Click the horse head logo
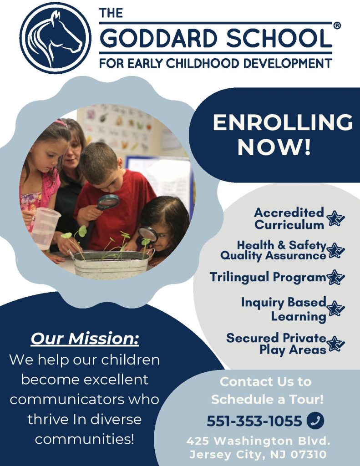click(55, 38)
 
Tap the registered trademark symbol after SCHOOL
click(337, 26)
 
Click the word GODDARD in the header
click(160, 38)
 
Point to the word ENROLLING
click(283, 122)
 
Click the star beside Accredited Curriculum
click(335, 218)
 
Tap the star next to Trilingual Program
click(335, 277)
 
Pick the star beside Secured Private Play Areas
click(335, 344)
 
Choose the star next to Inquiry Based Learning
click(335, 309)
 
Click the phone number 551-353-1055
click(254, 421)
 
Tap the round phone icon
click(315, 420)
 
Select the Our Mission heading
click(85, 339)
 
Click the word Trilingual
click(239, 277)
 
